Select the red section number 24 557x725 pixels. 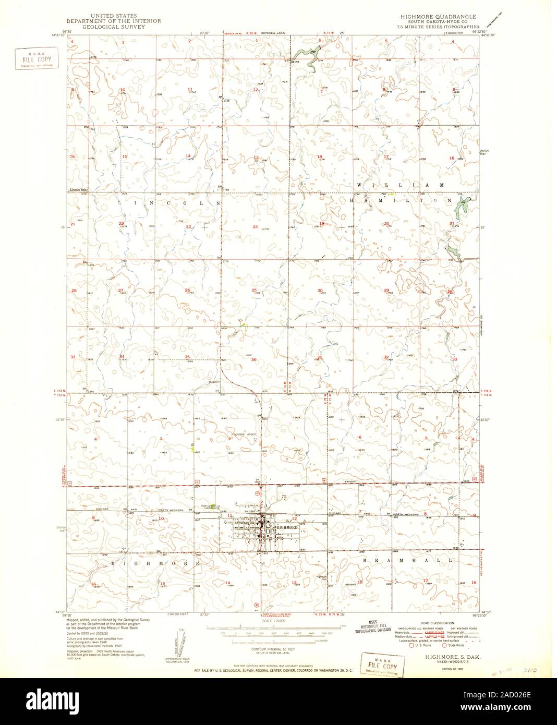click(x=255, y=227)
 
